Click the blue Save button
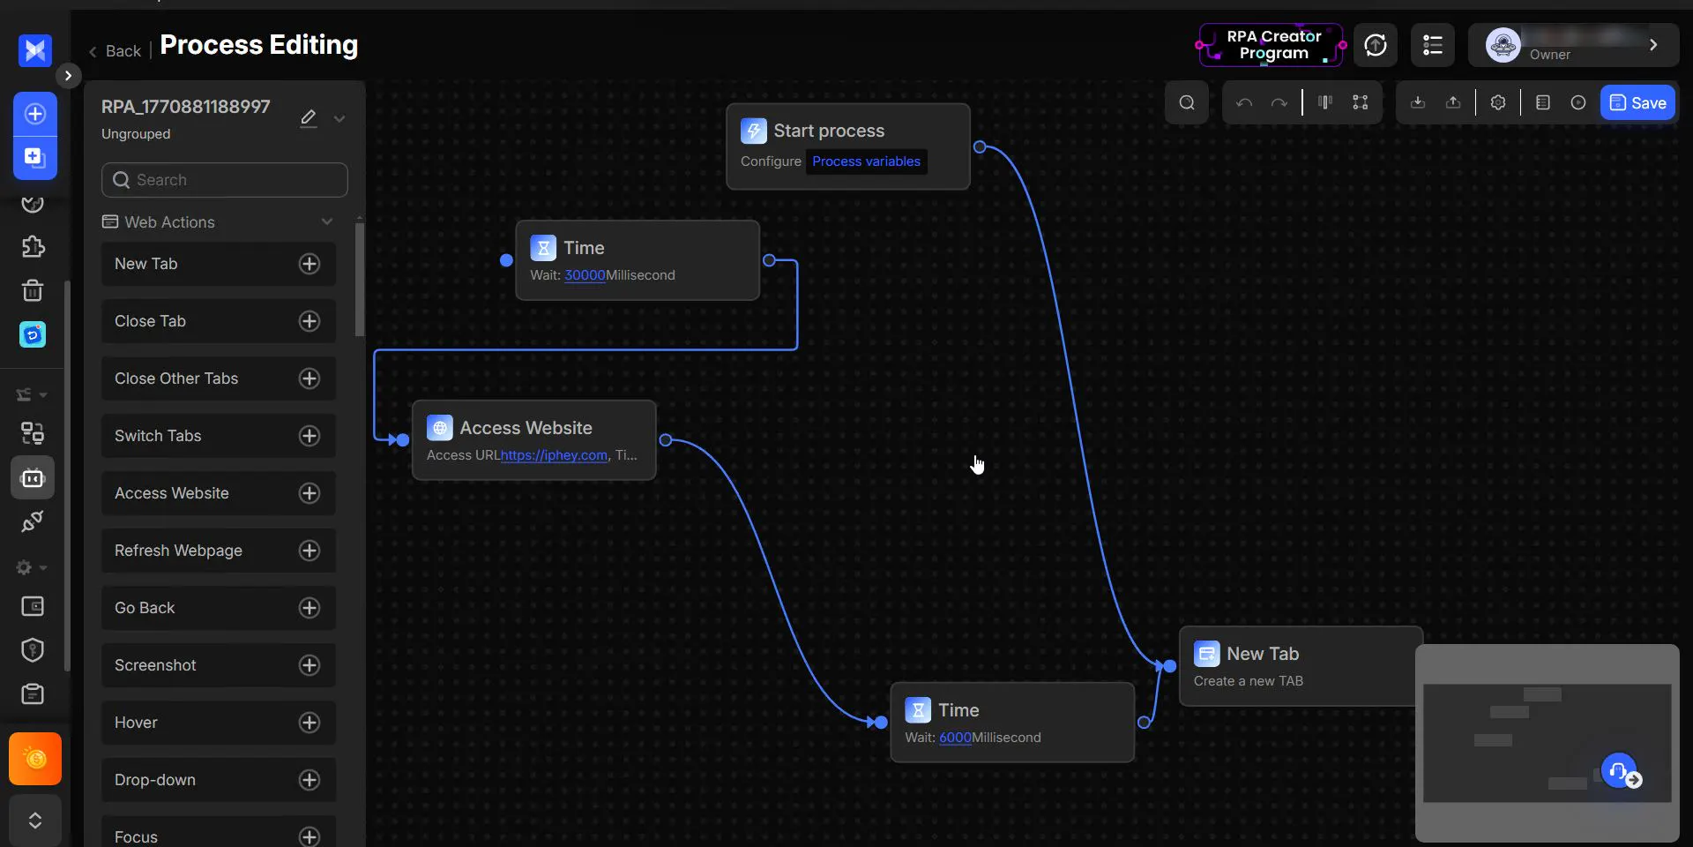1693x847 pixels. coord(1637,103)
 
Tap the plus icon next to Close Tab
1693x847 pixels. coord(310,321)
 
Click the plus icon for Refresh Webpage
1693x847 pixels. coord(310,551)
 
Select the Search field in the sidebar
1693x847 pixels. coord(225,180)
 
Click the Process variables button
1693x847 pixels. coord(866,161)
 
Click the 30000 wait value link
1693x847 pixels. coord(585,275)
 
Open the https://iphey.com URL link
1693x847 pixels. coord(554,455)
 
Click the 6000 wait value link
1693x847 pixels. coord(955,738)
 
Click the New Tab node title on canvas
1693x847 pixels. coord(1263,654)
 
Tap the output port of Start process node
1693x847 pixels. coord(980,147)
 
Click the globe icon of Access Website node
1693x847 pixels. coord(440,428)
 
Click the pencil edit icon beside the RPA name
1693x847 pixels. coord(308,118)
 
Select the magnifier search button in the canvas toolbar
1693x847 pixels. coord(1187,103)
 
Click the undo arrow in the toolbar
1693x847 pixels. coord(1244,103)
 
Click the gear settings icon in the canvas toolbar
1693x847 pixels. coord(1498,103)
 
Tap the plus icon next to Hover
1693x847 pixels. coord(310,723)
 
